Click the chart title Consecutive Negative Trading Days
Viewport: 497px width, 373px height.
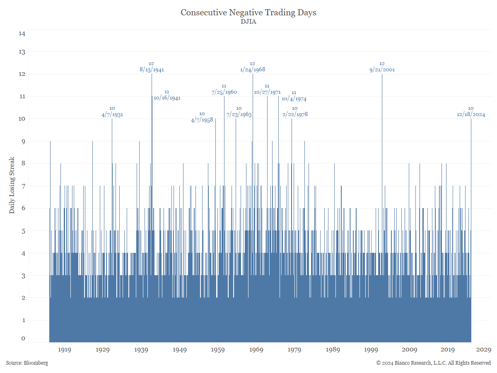248,12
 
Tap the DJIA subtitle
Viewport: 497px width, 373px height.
248,22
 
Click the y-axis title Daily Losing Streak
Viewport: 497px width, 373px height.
12,185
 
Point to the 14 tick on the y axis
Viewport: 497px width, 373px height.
22,34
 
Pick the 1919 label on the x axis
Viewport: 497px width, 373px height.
64,350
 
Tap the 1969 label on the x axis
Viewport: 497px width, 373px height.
256,350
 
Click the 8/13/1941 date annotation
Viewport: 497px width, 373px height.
152,70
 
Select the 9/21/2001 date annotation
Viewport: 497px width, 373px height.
382,70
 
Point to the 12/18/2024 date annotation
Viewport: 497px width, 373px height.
471,114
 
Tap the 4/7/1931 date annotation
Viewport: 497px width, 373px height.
112,114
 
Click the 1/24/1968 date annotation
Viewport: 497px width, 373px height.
253,70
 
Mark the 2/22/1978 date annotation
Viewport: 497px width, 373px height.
295,114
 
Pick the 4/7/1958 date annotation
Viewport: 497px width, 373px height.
202,120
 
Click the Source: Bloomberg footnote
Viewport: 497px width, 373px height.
27,363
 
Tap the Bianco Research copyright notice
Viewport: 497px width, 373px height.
433,363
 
